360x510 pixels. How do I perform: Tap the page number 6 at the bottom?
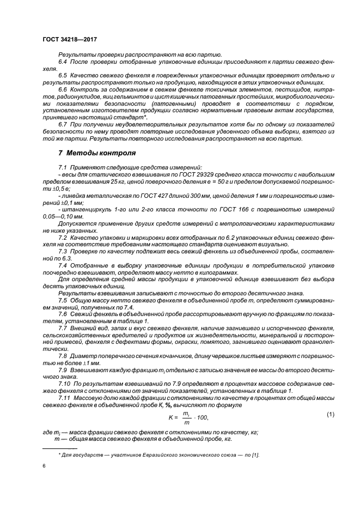pyautogui.click(x=44, y=466)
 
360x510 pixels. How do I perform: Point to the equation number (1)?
pyautogui.click(x=330, y=415)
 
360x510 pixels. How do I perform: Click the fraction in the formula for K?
pyautogui.click(x=186, y=417)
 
